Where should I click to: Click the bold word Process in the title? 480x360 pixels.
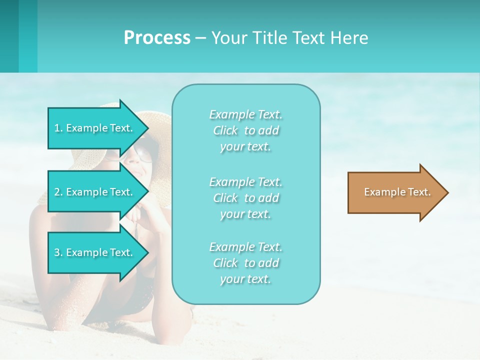157,38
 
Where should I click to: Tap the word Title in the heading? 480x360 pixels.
267,38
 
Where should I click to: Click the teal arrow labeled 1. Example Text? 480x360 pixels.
95,128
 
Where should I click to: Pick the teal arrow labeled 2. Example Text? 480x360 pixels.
95,192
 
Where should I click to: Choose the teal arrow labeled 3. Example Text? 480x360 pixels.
95,252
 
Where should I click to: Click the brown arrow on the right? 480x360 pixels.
395,192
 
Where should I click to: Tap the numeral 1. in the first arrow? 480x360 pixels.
58,128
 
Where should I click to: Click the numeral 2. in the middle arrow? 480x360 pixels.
58,192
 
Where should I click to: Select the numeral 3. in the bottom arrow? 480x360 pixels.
58,252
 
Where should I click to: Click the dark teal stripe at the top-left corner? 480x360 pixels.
9,36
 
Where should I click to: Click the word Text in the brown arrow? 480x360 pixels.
419,192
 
